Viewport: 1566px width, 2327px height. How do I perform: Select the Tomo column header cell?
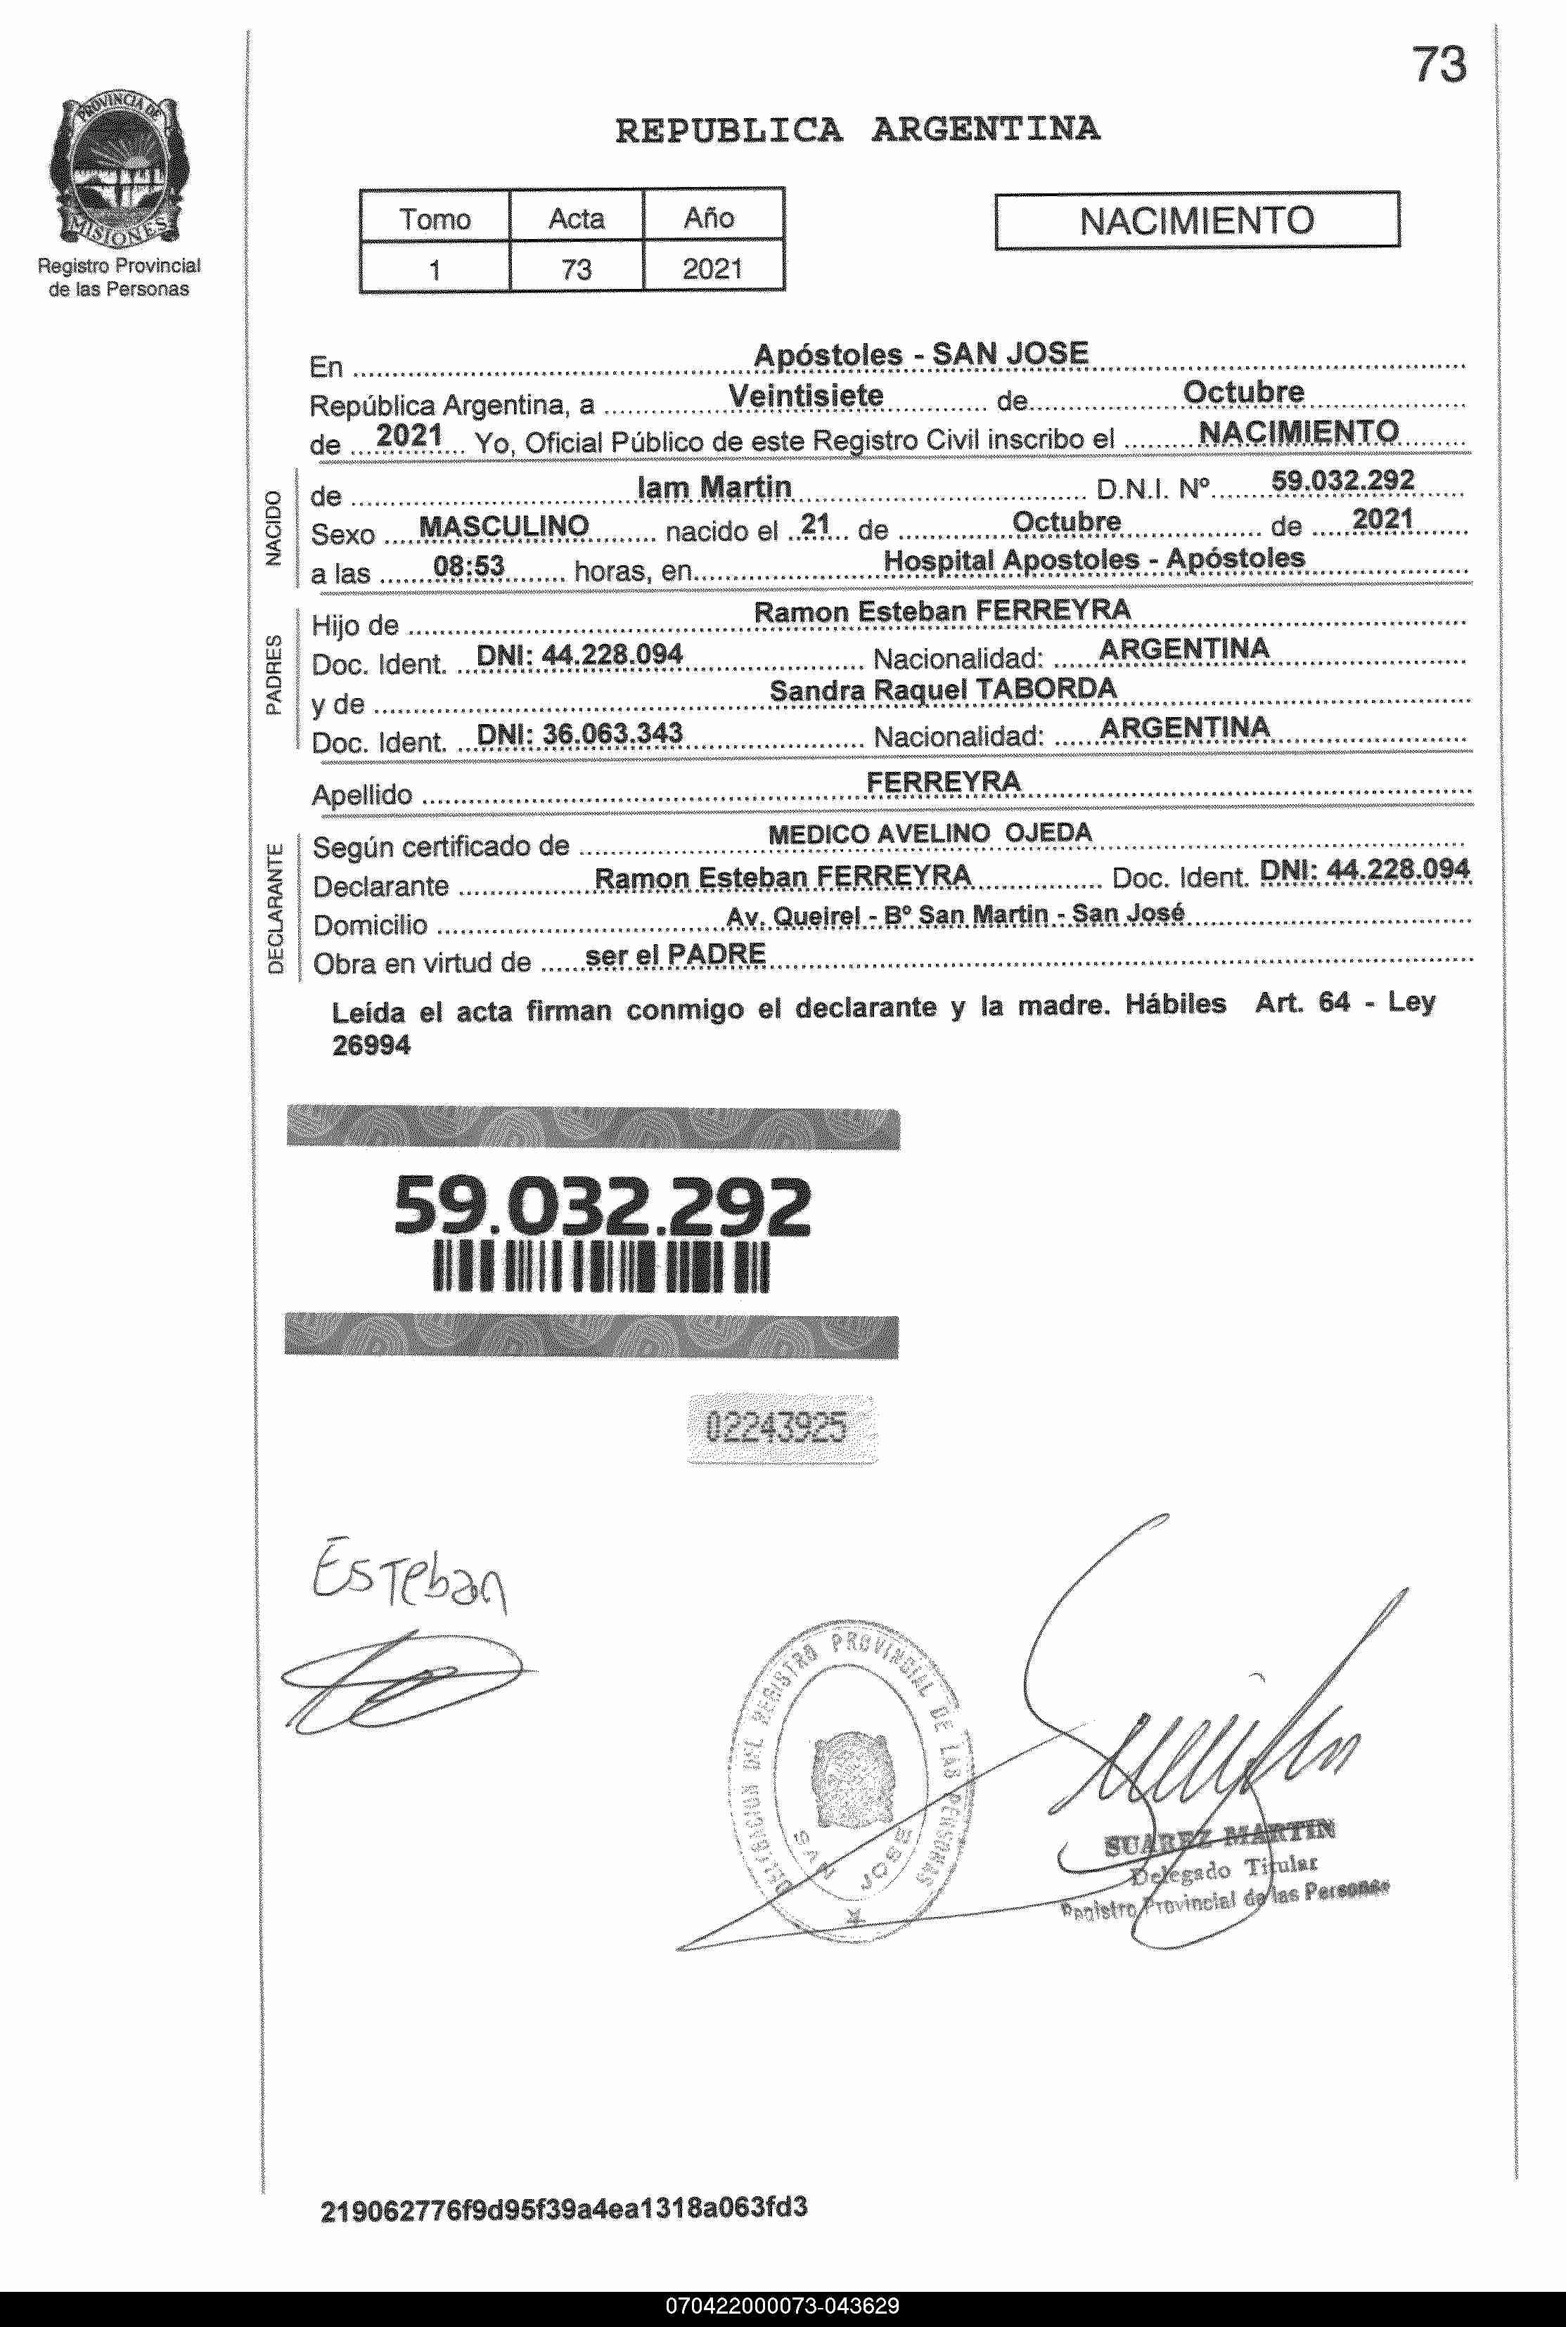click(435, 218)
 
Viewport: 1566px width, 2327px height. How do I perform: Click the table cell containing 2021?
click(712, 269)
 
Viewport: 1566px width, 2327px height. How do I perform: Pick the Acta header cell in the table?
click(577, 218)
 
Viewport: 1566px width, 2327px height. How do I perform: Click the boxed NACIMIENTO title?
click(1196, 221)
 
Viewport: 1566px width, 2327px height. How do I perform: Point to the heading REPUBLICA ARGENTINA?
click(857, 130)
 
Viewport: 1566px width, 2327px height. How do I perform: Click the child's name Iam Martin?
click(714, 487)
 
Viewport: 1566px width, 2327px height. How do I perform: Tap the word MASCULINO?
click(503, 526)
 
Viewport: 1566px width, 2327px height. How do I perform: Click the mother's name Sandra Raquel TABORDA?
click(943, 690)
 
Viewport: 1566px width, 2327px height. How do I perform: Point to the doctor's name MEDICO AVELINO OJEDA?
click(929, 834)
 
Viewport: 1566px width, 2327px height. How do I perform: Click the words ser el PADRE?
click(675, 955)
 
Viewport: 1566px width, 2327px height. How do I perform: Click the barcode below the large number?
click(601, 1268)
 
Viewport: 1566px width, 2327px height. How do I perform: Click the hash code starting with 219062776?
click(563, 2207)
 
